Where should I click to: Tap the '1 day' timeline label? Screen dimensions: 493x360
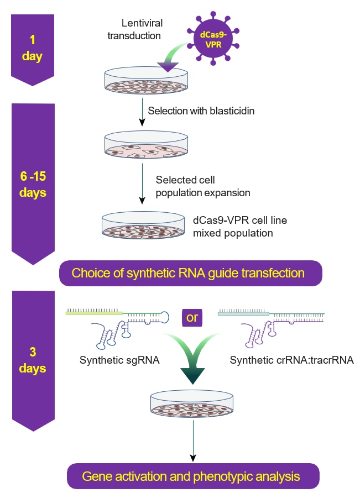[x=32, y=49]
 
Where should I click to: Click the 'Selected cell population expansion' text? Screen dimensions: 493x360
[x=202, y=186]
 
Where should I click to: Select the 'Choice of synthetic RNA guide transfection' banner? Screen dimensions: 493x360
[x=188, y=273]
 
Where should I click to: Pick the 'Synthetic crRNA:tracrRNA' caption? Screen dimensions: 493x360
[x=292, y=361]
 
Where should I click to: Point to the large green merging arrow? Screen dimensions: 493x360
[x=192, y=359]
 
